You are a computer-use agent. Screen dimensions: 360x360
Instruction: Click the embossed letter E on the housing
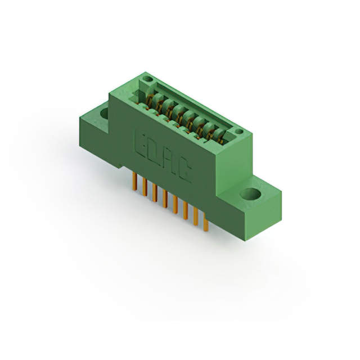click(x=142, y=144)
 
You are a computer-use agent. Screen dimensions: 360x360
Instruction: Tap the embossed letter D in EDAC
click(x=157, y=154)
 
